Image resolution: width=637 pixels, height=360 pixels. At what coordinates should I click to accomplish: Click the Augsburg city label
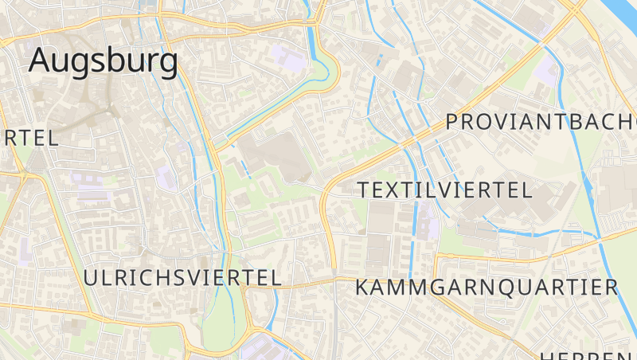(104, 61)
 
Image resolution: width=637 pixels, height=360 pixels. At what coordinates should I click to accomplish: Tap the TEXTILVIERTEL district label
(444, 190)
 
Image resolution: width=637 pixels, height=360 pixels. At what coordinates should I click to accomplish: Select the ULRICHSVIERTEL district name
(182, 277)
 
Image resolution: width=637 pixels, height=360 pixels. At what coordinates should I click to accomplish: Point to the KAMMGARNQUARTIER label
(486, 287)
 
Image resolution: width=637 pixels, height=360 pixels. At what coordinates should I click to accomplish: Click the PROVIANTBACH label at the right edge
(541, 122)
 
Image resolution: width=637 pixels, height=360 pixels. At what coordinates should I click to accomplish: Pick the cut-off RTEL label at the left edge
(29, 137)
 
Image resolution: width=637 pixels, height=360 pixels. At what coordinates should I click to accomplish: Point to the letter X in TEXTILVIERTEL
(398, 190)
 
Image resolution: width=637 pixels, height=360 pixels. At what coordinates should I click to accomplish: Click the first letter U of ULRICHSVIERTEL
(91, 277)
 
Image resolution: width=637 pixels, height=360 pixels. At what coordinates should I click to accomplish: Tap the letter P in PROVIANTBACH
(453, 122)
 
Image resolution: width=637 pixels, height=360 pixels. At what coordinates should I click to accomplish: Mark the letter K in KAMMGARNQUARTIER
(362, 287)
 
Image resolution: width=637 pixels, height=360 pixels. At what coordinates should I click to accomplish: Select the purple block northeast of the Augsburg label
(288, 56)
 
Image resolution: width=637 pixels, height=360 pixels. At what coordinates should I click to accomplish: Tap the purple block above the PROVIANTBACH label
(546, 72)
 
